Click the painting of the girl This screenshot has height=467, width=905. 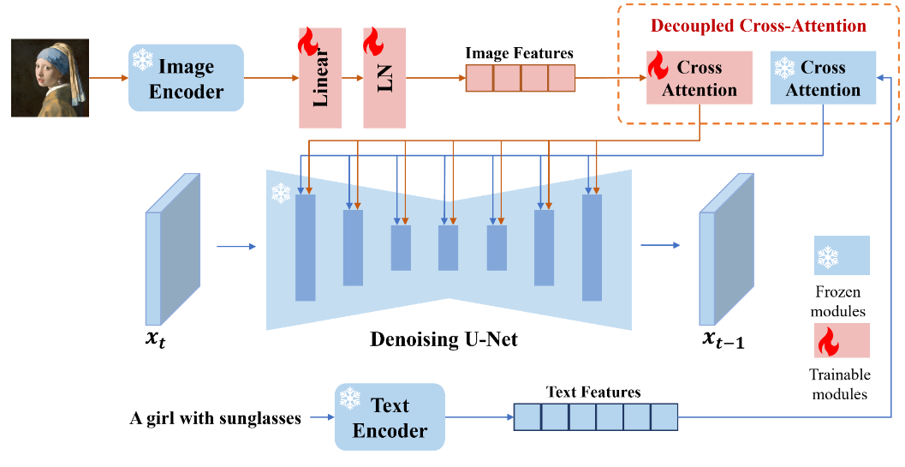pyautogui.click(x=51, y=78)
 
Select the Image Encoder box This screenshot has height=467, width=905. pyautogui.click(x=186, y=78)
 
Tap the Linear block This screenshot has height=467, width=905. pyautogui.click(x=320, y=78)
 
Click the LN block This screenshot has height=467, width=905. pyautogui.click(x=384, y=78)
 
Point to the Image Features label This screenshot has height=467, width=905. pyautogui.click(x=520, y=54)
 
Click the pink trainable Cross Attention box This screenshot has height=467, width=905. pyautogui.click(x=699, y=77)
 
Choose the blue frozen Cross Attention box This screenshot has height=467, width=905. pyautogui.click(x=823, y=77)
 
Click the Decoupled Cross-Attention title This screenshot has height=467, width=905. pyautogui.click(x=759, y=26)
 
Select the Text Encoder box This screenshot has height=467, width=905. pyautogui.click(x=390, y=416)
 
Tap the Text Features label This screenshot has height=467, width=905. pyautogui.click(x=593, y=392)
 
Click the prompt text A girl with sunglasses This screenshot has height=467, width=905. pyautogui.click(x=215, y=418)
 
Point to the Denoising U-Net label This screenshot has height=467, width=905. pyautogui.click(x=444, y=338)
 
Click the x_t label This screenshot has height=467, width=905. pyautogui.click(x=157, y=341)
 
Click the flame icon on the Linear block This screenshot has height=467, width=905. pyautogui.click(x=308, y=42)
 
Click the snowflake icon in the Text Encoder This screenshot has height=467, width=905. pyautogui.click(x=350, y=398)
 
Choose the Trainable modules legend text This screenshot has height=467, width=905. pyautogui.click(x=840, y=385)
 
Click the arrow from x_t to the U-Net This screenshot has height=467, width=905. pyautogui.click(x=235, y=247)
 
